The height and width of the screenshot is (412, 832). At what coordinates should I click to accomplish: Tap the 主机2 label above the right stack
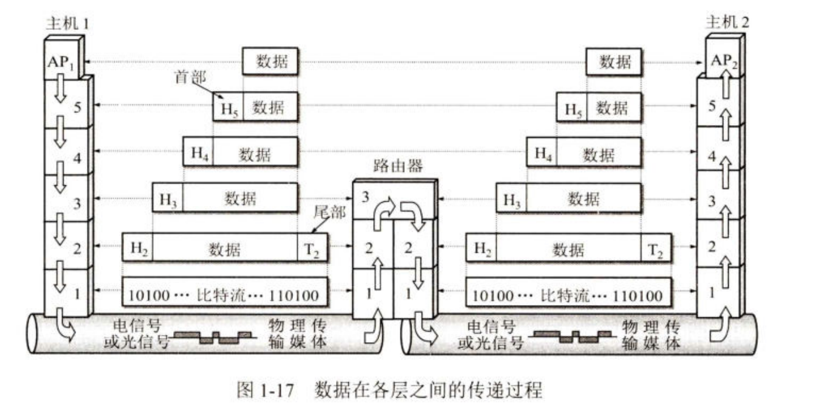[x=727, y=24]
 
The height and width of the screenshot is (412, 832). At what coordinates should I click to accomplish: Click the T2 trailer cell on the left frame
[x=312, y=249]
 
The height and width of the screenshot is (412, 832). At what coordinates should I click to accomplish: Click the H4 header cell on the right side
[x=543, y=154]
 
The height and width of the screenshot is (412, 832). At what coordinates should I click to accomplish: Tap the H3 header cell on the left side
[x=168, y=199]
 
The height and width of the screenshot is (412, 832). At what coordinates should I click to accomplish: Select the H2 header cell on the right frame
[x=482, y=249]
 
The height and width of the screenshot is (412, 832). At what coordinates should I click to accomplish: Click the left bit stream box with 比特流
[x=225, y=295]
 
